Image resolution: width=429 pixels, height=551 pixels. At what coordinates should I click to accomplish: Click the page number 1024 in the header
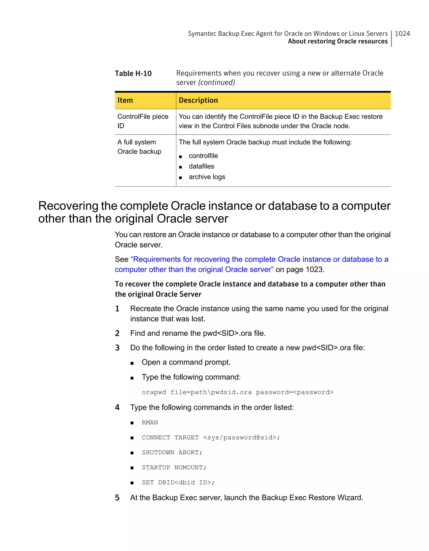coord(402,33)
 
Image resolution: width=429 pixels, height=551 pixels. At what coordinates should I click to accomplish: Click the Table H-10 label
coord(133,73)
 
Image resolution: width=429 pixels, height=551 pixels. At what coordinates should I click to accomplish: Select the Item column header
coord(125,100)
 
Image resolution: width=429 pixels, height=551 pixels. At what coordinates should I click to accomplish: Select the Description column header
coord(198,100)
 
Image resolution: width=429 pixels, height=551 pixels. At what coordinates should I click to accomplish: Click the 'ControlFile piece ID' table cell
coord(143,121)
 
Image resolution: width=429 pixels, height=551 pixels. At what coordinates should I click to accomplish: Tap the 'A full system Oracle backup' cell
coord(139,147)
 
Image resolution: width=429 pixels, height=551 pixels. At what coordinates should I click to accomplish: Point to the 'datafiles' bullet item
coord(201,166)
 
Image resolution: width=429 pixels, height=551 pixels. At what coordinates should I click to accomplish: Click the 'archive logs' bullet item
coord(207,177)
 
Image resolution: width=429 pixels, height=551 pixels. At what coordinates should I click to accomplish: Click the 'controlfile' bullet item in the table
coord(203,156)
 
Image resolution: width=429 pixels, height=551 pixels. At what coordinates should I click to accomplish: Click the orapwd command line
coord(237,392)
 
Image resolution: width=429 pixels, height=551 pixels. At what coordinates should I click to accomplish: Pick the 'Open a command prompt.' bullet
coord(186,362)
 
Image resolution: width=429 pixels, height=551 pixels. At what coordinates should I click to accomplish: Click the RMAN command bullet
coord(150,422)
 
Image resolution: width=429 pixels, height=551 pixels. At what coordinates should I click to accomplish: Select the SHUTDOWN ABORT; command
coord(172,452)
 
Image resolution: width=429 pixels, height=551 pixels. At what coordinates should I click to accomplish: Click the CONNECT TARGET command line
coord(211,437)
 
